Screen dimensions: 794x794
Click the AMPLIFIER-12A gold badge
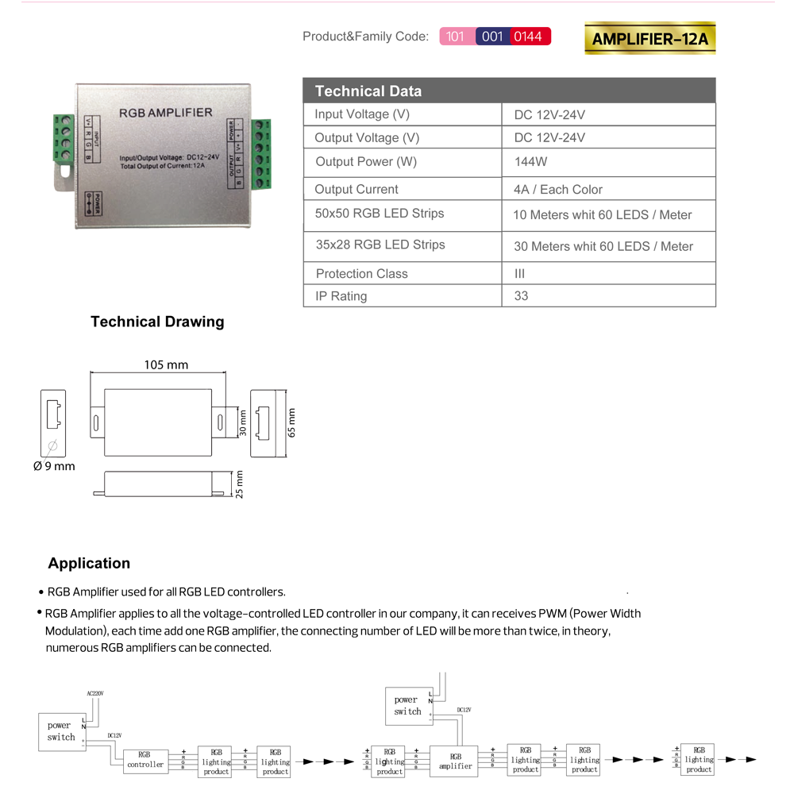point(649,38)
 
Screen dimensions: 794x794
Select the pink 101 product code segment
point(457,37)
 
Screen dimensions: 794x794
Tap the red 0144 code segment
point(528,37)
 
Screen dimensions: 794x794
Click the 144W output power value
point(530,162)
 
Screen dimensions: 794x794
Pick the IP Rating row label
point(341,296)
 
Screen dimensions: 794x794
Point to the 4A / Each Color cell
point(557,190)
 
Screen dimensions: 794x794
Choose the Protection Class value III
point(520,274)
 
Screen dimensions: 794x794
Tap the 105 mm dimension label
point(166,365)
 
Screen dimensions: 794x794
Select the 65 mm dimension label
point(291,422)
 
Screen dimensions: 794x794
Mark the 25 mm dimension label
point(239,484)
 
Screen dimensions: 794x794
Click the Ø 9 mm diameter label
point(54,466)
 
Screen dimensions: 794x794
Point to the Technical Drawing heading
point(157,322)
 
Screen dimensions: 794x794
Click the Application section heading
point(89,563)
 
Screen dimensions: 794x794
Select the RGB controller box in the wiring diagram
point(145,760)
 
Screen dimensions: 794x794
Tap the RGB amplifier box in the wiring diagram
point(455,761)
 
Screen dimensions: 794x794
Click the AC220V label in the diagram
point(95,693)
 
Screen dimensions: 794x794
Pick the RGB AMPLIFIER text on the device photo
point(165,113)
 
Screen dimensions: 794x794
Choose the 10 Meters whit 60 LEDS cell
point(602,215)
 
